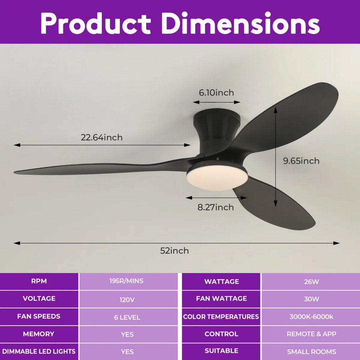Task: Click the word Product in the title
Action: pyautogui.click(x=96, y=23)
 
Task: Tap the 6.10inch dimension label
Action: pyautogui.click(x=216, y=93)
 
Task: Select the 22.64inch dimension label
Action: pyautogui.click(x=101, y=137)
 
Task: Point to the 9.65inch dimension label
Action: pyautogui.click(x=301, y=161)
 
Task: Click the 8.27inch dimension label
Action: pyautogui.click(x=216, y=207)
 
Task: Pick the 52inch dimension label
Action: pyautogui.click(x=174, y=250)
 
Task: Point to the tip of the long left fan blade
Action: pyautogui.click(x=14, y=172)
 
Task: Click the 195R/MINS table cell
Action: pyautogui.click(x=126, y=281)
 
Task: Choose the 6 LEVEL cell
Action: pyautogui.click(x=127, y=317)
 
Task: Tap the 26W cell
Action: pyautogui.click(x=311, y=282)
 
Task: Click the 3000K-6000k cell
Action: pyautogui.click(x=311, y=317)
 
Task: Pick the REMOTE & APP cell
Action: pyautogui.click(x=311, y=334)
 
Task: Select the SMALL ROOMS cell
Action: pyautogui.click(x=311, y=352)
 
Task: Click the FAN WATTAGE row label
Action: pyautogui.click(x=221, y=298)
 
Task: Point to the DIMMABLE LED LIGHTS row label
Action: pyautogui.click(x=39, y=351)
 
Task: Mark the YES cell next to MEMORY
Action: pyautogui.click(x=127, y=334)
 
